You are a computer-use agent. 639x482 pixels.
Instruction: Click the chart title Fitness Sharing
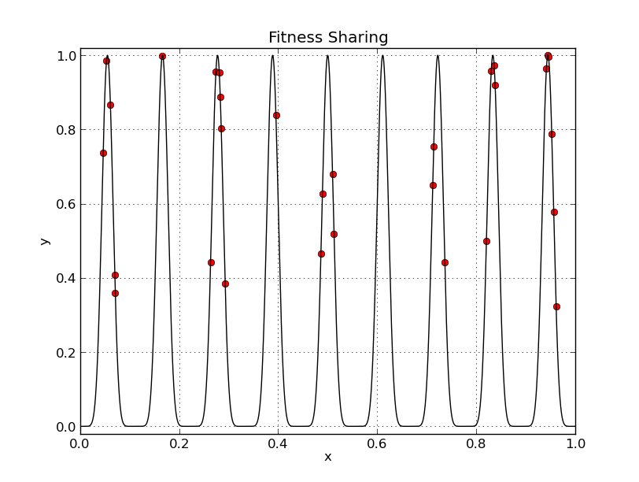tap(328, 38)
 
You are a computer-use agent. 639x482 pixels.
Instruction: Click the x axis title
tap(328, 457)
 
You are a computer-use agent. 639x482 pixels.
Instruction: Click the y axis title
tap(45, 241)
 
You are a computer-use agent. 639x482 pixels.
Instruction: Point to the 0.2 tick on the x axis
tap(179, 443)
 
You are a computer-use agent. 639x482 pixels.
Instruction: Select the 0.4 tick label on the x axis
tap(279, 443)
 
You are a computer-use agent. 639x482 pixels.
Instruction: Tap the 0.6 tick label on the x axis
tap(378, 443)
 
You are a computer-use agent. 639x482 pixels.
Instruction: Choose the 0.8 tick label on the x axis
tap(476, 443)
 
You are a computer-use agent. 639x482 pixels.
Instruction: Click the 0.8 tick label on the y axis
tap(65, 130)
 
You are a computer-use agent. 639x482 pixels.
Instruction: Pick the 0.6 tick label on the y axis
tap(65, 204)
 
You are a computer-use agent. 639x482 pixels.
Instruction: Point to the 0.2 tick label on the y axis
tap(65, 352)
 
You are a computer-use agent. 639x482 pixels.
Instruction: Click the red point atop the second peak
tap(162, 57)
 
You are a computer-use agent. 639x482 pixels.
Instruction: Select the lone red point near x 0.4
tap(276, 115)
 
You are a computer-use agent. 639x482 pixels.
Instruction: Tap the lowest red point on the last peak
tap(556, 306)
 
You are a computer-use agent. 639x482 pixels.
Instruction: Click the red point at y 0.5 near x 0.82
tap(486, 241)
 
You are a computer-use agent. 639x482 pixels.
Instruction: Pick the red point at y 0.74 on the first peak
tap(103, 153)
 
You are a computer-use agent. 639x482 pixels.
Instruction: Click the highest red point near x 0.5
tap(333, 174)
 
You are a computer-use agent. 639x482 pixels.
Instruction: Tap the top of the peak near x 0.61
tap(382, 55)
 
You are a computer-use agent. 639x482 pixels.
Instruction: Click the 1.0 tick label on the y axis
tap(65, 56)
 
